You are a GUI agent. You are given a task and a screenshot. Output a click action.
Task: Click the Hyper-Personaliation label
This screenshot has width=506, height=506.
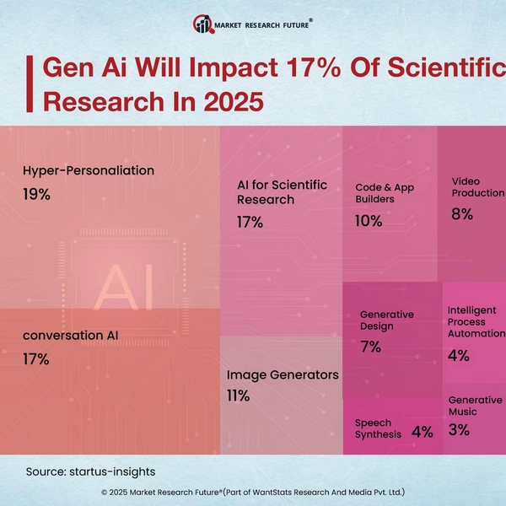click(89, 170)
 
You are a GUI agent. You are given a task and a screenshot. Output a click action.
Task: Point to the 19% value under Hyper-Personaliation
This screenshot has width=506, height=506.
click(37, 194)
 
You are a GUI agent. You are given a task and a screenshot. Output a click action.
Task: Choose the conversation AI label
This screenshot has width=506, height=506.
click(71, 335)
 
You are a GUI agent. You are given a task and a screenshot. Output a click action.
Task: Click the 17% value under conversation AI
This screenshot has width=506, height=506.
click(37, 358)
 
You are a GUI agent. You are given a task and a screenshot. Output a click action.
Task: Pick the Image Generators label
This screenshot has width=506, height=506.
click(283, 374)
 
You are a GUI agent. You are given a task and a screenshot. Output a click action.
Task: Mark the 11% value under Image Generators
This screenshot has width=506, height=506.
click(238, 396)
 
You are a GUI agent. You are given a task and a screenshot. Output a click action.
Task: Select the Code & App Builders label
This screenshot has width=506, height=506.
click(384, 192)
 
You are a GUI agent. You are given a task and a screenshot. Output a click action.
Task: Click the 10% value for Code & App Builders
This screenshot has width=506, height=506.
click(369, 221)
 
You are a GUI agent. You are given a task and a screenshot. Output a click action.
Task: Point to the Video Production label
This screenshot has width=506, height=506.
click(477, 187)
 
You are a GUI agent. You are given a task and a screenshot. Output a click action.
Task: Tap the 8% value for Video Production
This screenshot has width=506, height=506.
click(461, 214)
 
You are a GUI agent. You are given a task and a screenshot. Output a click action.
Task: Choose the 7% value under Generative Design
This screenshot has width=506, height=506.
click(370, 347)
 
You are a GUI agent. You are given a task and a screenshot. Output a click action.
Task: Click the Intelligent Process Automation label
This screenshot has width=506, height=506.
click(471, 322)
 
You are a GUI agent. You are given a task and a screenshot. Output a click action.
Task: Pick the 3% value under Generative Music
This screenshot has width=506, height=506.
click(459, 429)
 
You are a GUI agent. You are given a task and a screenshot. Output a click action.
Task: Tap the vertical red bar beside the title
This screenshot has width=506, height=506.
click(31, 84)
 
